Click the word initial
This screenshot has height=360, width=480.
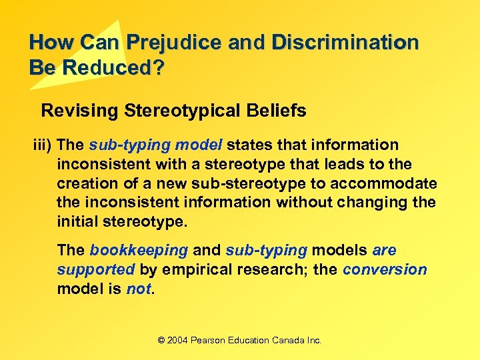click(76, 221)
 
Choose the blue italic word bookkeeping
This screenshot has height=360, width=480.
click(139, 251)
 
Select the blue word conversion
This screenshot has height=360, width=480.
click(385, 270)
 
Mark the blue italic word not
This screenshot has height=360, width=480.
click(139, 289)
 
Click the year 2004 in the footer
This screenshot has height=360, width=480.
click(177, 341)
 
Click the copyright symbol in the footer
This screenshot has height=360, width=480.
click(161, 341)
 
